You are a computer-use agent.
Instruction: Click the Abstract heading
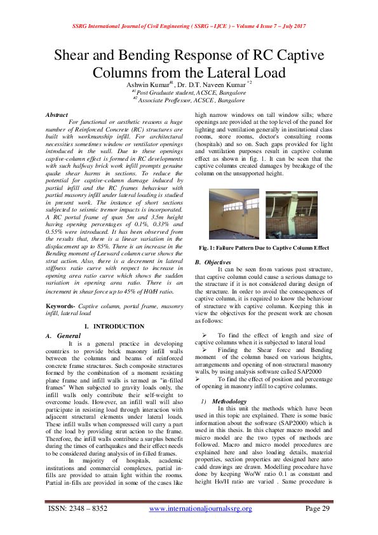57,114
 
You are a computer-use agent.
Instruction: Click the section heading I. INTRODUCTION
114,326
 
